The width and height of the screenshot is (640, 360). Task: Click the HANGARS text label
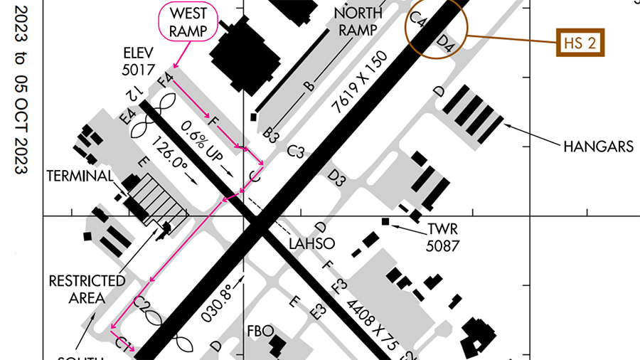pyautogui.click(x=598, y=147)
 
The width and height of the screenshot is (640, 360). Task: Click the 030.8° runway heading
pyautogui.click(x=217, y=304)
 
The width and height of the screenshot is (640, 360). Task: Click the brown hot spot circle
pyautogui.click(x=434, y=28)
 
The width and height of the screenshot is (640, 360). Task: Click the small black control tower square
pyautogui.click(x=385, y=222)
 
